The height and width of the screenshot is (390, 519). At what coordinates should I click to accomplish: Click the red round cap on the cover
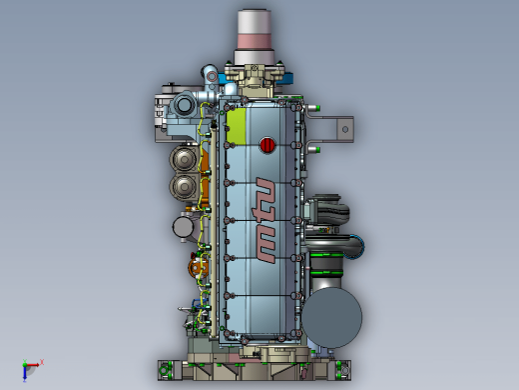tap(267, 145)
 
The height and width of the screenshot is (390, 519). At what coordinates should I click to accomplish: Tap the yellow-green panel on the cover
tap(236, 126)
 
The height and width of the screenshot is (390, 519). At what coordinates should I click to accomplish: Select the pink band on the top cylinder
tap(256, 41)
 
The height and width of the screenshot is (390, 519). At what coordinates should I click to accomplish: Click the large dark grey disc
tap(331, 318)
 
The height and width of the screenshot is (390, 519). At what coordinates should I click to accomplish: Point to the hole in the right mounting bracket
tap(345, 129)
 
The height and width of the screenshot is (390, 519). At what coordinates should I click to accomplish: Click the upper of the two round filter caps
tap(184, 159)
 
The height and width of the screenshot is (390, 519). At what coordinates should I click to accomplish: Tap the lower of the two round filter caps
tap(184, 186)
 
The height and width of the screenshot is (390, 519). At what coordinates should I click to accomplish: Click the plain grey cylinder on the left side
tap(183, 227)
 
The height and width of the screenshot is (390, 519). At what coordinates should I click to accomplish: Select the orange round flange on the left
tap(198, 268)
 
